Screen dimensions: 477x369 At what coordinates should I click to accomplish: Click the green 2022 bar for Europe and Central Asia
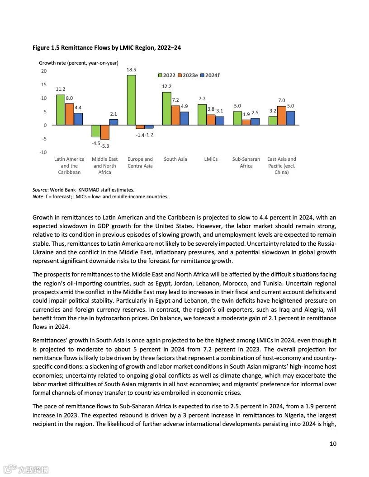click(x=131, y=100)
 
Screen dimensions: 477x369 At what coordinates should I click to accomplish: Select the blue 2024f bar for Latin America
click(x=78, y=119)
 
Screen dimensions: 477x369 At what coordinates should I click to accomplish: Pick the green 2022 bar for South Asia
click(x=166, y=108)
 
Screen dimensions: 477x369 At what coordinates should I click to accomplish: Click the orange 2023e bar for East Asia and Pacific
click(x=281, y=116)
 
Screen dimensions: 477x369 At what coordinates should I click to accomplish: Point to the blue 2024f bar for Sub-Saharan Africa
click(x=255, y=122)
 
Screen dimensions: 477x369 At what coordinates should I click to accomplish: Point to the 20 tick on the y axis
click(x=43, y=71)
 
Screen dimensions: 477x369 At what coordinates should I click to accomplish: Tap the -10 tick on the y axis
click(x=43, y=152)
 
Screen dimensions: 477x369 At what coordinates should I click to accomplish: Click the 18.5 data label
click(x=131, y=70)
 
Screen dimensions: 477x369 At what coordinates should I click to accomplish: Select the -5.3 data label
click(x=104, y=146)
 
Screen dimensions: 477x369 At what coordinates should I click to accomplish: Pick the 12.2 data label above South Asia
click(x=166, y=86)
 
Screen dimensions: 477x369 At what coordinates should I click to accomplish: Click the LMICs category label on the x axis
click(x=211, y=159)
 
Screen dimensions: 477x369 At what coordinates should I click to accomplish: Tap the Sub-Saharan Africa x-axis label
click(x=246, y=162)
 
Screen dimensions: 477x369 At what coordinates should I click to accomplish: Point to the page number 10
click(x=333, y=444)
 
